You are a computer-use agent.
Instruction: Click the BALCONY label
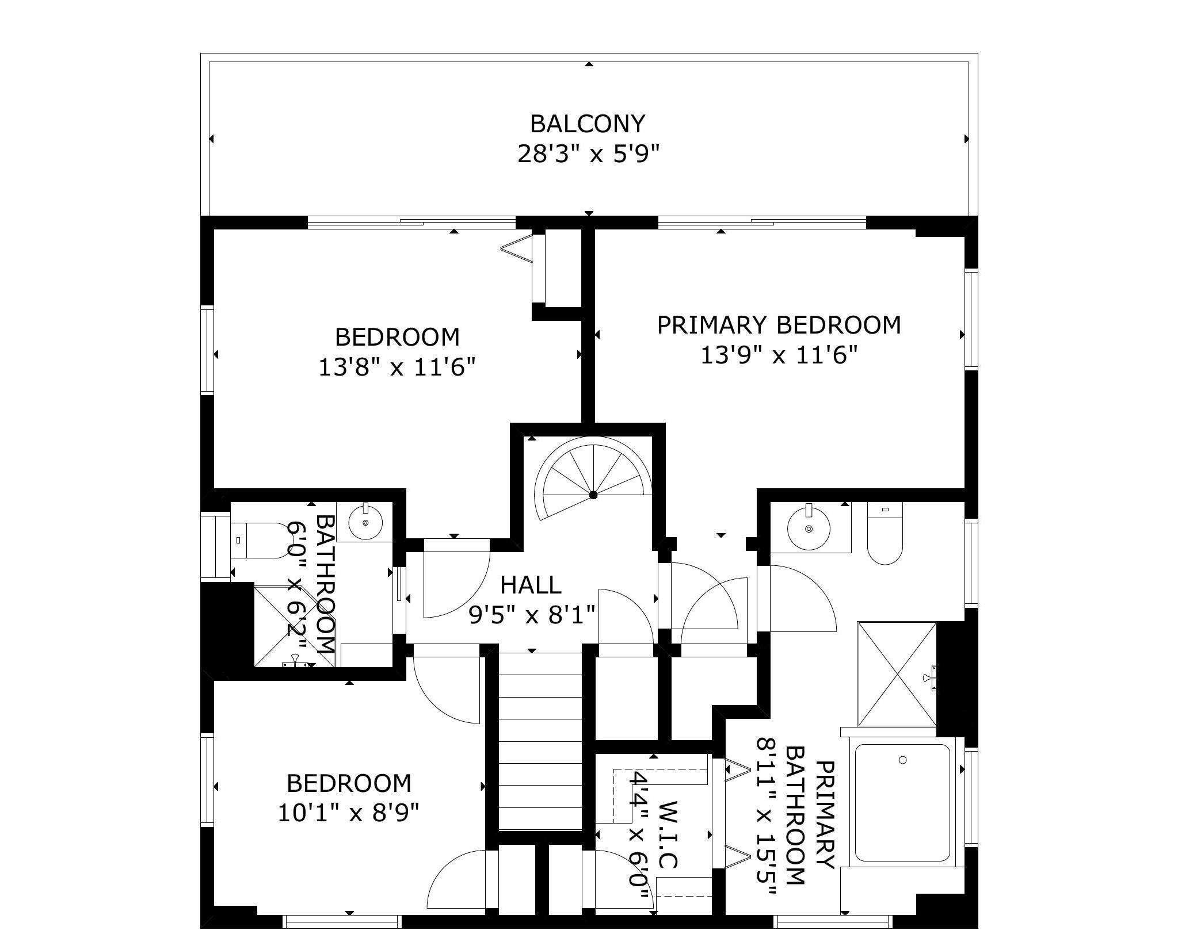point(588,124)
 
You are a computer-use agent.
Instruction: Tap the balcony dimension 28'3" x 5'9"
point(588,154)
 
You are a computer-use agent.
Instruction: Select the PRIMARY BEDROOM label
point(779,325)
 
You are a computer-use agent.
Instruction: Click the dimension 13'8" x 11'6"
point(398,366)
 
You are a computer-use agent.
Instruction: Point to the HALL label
point(531,585)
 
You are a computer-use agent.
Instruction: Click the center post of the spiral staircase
point(593,495)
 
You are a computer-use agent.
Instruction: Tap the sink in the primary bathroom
point(809,527)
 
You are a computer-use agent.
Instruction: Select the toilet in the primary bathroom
point(885,533)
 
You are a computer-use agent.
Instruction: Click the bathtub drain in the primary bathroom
point(902,760)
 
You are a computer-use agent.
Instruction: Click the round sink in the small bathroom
point(365,522)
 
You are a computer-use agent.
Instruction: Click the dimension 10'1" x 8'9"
point(348,813)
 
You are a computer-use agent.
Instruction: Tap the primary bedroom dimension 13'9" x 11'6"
point(779,355)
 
